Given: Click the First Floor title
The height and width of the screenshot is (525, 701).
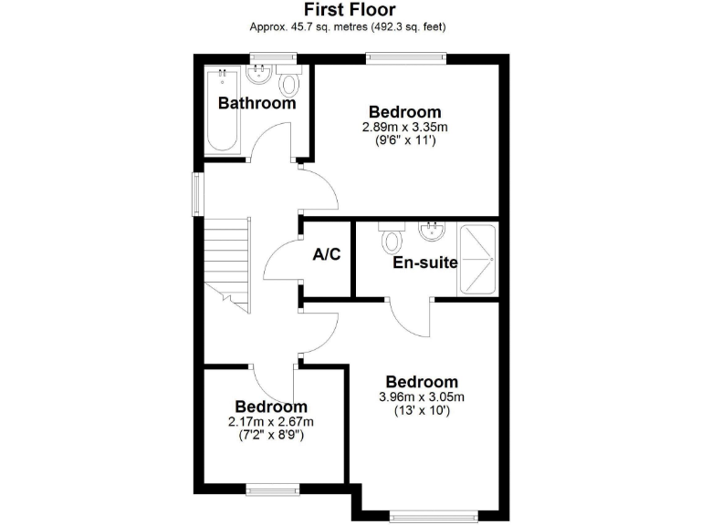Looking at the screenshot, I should [x=350, y=10].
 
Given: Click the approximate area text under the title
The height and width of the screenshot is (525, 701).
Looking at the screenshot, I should [x=350, y=26].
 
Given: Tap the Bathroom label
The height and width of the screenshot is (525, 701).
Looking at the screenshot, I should [x=256, y=103].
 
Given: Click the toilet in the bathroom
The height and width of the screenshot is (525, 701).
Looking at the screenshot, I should [x=289, y=84].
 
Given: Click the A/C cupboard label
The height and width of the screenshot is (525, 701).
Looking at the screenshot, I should [x=327, y=254].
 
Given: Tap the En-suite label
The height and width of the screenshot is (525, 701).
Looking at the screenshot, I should [x=424, y=263].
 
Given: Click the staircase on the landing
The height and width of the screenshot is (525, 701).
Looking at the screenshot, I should [x=226, y=260].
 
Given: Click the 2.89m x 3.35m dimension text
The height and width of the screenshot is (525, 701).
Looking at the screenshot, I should [x=410, y=127].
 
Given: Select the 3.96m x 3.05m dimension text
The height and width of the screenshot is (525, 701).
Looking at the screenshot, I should [x=421, y=396].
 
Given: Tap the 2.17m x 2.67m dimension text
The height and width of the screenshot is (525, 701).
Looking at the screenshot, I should [x=270, y=421].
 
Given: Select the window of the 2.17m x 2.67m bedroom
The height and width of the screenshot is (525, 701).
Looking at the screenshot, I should [x=272, y=489].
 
